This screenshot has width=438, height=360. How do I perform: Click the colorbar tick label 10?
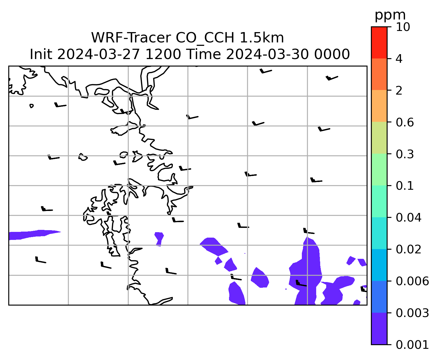(x=403, y=27)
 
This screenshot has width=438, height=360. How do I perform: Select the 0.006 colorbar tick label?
(x=412, y=281)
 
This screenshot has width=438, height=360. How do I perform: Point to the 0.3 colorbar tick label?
(x=404, y=154)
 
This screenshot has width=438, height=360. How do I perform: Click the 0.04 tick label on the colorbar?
(x=408, y=218)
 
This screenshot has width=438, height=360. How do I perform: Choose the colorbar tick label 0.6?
(x=404, y=122)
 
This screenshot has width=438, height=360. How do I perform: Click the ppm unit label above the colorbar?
(x=390, y=15)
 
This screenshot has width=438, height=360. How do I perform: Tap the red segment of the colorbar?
(x=379, y=43)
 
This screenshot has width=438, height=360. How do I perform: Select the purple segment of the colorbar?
(x=379, y=329)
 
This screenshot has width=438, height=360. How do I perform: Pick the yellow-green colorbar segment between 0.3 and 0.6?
(x=379, y=138)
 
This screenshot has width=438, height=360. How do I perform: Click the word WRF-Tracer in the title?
(x=131, y=38)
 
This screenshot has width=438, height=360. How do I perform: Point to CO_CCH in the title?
(x=205, y=38)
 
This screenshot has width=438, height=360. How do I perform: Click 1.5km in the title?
(x=262, y=38)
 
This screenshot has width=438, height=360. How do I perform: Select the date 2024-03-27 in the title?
(x=99, y=54)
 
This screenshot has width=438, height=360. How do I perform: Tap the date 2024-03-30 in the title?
(x=267, y=54)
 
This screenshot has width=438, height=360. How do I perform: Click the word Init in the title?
(x=41, y=54)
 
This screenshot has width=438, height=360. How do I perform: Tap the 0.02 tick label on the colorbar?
(x=408, y=250)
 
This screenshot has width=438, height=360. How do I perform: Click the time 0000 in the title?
(x=332, y=54)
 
